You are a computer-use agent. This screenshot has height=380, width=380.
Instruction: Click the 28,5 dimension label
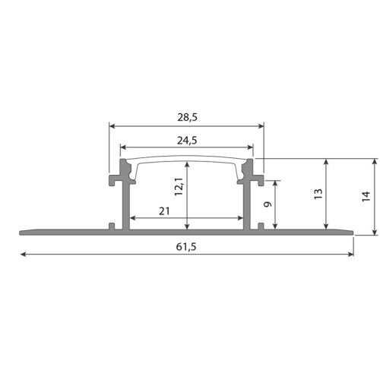point(187,117)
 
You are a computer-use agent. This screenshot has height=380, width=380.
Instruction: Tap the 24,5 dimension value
point(187,141)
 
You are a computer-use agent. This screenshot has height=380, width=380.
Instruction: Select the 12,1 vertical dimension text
point(179,186)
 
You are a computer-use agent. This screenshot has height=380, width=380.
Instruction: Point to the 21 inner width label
point(164,211)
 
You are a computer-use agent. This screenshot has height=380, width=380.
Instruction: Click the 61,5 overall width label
point(186,247)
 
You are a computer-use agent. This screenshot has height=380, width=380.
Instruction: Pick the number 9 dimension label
point(268,204)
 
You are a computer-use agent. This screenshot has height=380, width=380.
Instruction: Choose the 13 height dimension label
point(318,194)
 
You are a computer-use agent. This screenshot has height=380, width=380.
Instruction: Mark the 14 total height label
point(366,197)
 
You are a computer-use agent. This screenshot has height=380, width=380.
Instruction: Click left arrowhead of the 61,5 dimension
point(23,254)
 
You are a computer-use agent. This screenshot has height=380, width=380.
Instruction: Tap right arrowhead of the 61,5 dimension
point(350,254)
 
